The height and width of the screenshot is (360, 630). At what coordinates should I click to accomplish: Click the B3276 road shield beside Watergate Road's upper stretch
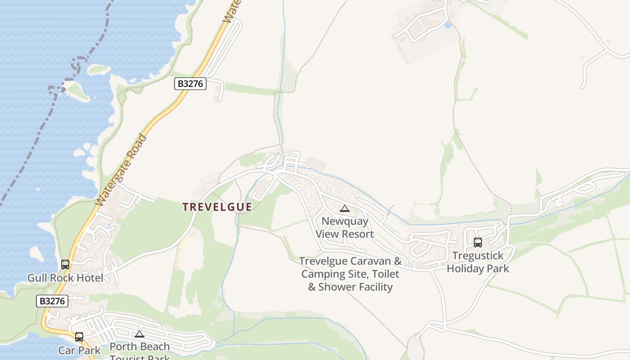click(190, 84)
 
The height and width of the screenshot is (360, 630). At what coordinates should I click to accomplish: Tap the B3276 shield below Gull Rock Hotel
click(52, 301)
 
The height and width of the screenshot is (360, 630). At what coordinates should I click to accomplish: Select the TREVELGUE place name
click(217, 207)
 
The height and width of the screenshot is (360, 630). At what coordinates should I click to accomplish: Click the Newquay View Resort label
click(345, 228)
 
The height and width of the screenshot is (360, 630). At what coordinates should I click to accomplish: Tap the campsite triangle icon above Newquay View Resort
click(345, 208)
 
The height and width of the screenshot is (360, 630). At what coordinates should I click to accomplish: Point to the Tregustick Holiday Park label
click(478, 262)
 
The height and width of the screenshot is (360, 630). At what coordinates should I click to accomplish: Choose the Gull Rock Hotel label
click(65, 278)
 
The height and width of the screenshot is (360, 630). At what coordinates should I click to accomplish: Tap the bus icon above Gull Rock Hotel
click(65, 265)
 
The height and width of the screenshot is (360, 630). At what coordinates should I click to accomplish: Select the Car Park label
click(80, 351)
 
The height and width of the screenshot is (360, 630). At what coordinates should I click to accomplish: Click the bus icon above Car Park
click(79, 337)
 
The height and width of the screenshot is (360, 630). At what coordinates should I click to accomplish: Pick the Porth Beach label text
click(139, 347)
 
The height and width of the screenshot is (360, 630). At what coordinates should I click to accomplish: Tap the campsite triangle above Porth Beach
click(139, 334)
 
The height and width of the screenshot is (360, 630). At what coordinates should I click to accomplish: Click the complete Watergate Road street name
click(121, 171)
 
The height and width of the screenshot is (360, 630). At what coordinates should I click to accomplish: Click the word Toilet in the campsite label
click(384, 274)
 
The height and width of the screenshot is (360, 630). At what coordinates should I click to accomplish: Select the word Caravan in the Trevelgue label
click(372, 261)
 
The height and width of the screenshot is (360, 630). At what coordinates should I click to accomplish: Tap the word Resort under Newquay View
click(357, 234)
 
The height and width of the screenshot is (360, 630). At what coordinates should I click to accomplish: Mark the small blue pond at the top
click(447, 25)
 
